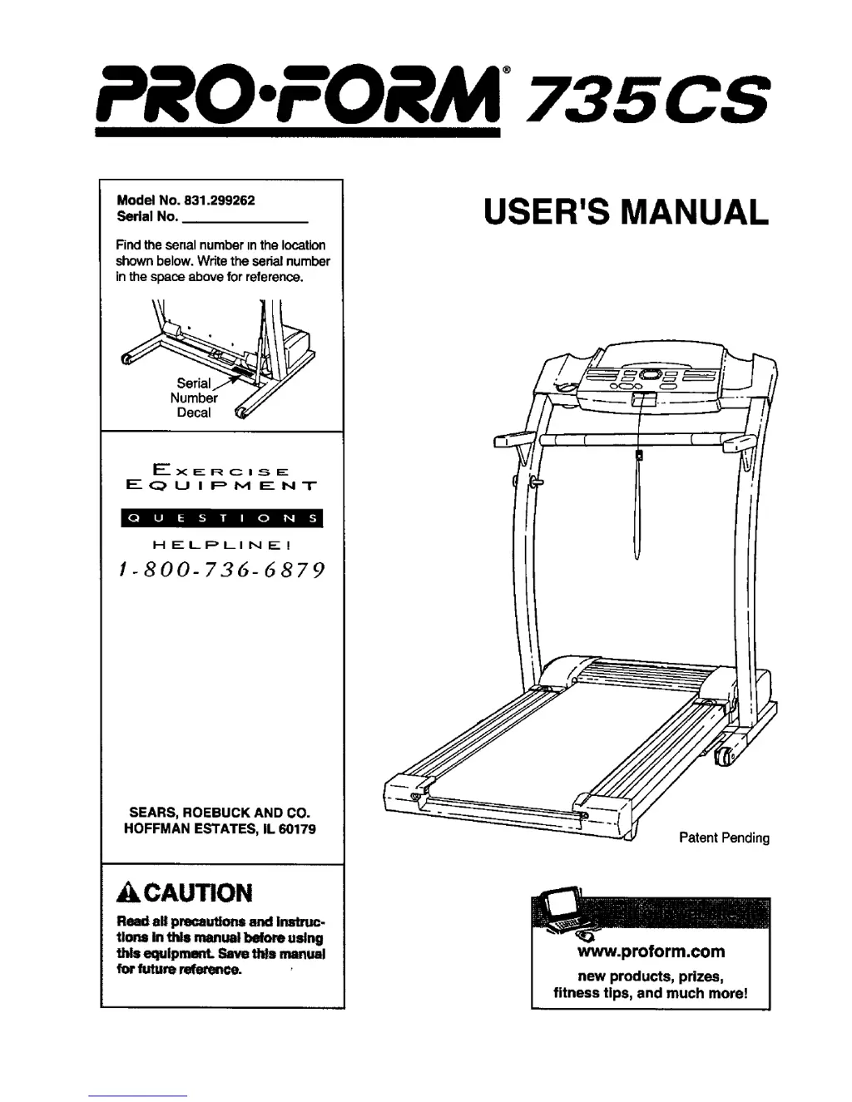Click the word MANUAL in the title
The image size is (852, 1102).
pyautogui.click(x=695, y=212)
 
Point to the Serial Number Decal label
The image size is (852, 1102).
pyautogui.click(x=194, y=398)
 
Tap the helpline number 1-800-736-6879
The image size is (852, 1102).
pyautogui.click(x=220, y=571)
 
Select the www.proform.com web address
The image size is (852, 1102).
pyautogui.click(x=651, y=951)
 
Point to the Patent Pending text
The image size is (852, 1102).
pyautogui.click(x=724, y=838)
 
